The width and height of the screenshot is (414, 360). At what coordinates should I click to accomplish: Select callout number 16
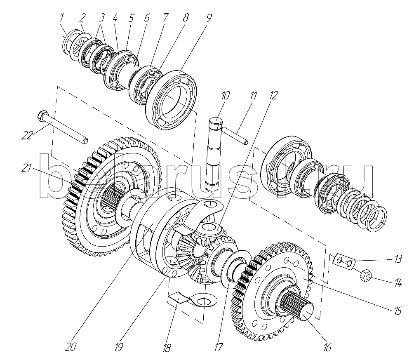(327, 347)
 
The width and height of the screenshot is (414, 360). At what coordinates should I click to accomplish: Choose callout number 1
(61, 18)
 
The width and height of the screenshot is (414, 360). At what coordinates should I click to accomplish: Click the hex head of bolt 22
(42, 115)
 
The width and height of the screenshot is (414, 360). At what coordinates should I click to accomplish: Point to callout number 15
(397, 311)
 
